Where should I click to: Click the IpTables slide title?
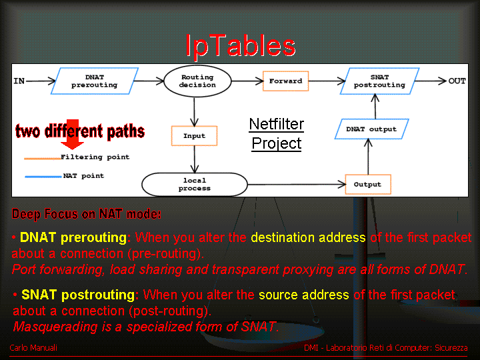coord(241,46)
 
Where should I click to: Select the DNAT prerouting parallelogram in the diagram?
coord(95,81)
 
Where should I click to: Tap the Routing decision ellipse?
coord(197,81)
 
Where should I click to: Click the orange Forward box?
coord(285,81)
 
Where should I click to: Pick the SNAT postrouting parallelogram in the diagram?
coord(379,81)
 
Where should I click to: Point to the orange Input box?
coord(195,135)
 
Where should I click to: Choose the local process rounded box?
coord(195,184)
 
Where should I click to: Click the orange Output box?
coord(368,184)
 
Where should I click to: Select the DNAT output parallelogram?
coord(371,129)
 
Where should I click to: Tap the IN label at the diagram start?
coord(19,81)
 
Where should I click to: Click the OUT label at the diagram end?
coord(457,81)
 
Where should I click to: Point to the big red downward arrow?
coord(72,135)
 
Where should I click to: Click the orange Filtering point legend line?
coord(43,158)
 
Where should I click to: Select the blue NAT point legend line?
coord(43,177)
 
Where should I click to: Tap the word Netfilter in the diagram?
coord(277,124)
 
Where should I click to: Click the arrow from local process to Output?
coord(297,184)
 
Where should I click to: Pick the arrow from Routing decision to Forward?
coord(247,81)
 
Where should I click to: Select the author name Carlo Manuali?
coord(33,348)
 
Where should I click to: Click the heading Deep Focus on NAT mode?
coord(86,214)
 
